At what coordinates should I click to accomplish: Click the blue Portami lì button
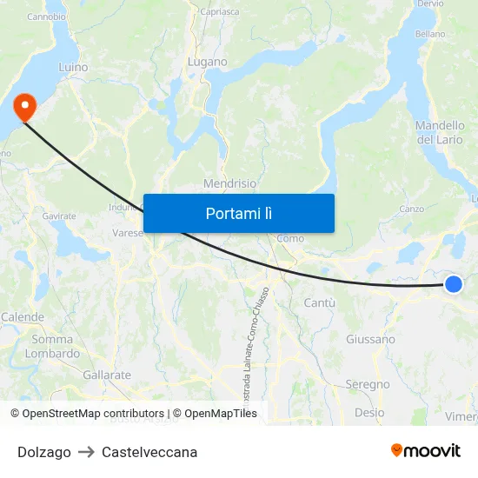[x=238, y=213]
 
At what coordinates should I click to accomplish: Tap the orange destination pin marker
[x=24, y=107]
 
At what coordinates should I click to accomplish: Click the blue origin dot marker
[x=453, y=283]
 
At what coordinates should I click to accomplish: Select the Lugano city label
[x=208, y=63]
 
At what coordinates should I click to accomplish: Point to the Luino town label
[x=73, y=66]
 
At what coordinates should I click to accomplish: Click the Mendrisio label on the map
[x=229, y=183]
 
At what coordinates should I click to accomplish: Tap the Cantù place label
[x=320, y=302]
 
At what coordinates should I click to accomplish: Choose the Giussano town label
[x=370, y=339]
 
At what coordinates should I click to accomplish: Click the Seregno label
[x=368, y=384]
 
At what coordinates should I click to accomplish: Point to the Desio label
[x=369, y=413]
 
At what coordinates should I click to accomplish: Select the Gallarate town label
[x=107, y=375]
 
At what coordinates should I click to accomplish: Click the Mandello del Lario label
[x=441, y=132]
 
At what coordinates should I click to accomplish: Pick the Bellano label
[x=430, y=34]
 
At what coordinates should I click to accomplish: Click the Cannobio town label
[x=46, y=17]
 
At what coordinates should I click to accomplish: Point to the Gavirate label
[x=59, y=216]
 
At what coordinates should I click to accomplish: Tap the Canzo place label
[x=412, y=209]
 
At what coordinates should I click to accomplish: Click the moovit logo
[x=426, y=451]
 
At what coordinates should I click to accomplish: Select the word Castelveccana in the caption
[x=149, y=452]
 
